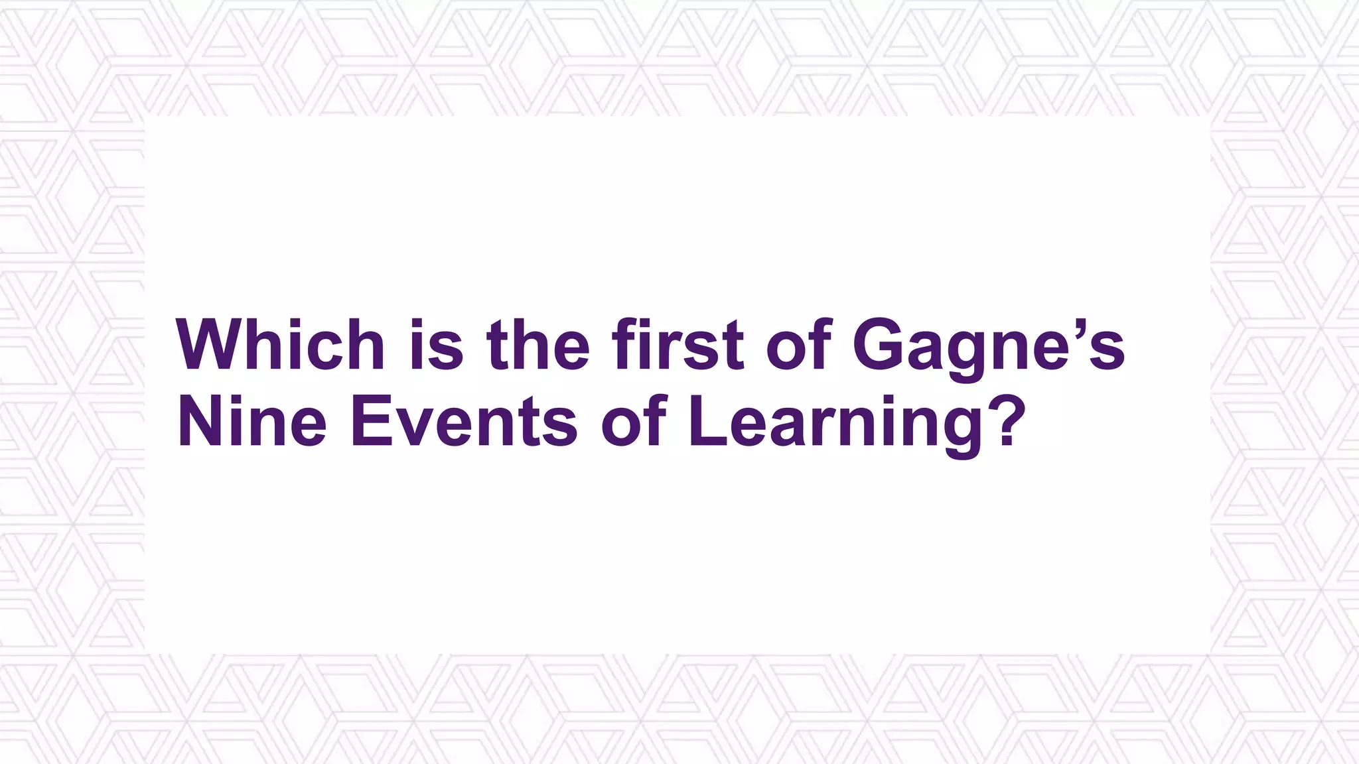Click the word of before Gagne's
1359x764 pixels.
(800, 346)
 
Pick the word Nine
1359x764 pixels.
(252, 422)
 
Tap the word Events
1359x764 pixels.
(465, 422)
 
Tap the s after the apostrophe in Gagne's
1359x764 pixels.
(1108, 352)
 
